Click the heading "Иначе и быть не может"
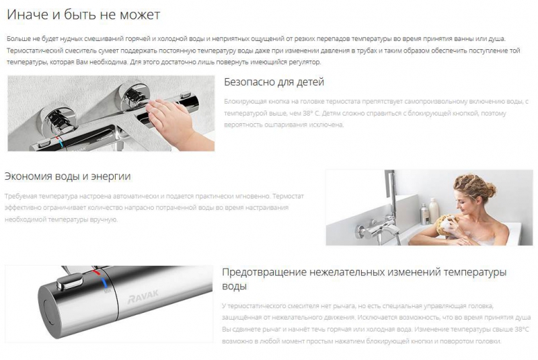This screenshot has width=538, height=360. (x=83, y=15)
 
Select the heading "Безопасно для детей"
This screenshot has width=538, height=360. (x=274, y=82)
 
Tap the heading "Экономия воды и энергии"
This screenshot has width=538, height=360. (x=68, y=176)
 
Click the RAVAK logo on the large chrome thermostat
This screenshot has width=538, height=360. (x=143, y=297)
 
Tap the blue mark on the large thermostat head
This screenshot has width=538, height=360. (x=104, y=283)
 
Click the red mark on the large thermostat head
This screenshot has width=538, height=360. (x=96, y=273)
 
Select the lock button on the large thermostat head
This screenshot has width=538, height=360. (x=70, y=282)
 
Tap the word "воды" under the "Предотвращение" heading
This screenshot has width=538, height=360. (x=234, y=286)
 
